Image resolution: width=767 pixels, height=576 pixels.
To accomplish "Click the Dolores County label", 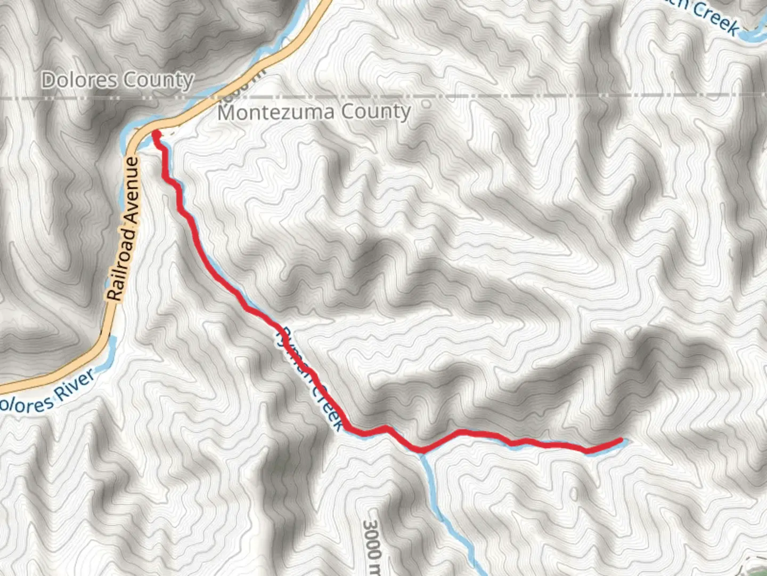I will [x=117, y=80].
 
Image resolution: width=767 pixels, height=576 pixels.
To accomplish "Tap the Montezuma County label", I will [x=314, y=112].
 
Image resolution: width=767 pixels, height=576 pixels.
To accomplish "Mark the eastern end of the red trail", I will [x=621, y=440].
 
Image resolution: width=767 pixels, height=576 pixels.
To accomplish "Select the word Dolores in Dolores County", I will [x=79, y=80].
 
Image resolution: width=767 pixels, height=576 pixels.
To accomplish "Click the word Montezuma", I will [x=276, y=113].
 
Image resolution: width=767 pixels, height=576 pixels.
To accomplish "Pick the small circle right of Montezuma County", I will [x=426, y=105].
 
